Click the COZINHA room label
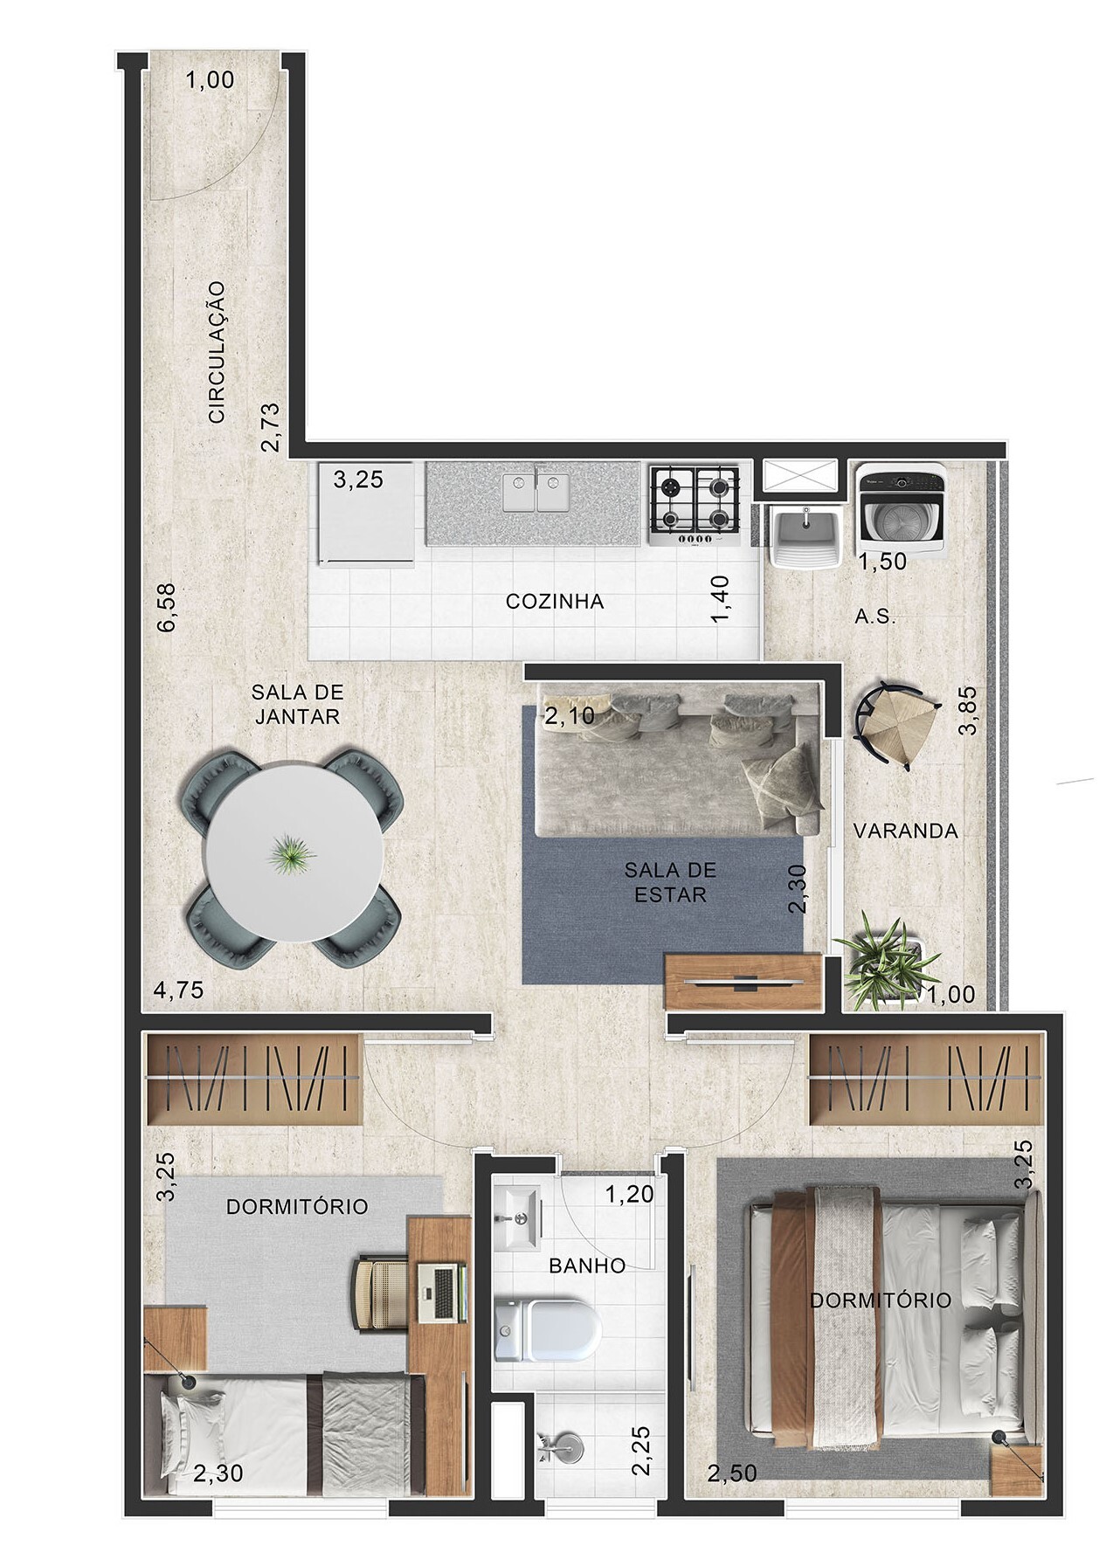(x=555, y=602)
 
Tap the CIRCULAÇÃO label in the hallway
(x=217, y=352)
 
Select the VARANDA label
(x=905, y=831)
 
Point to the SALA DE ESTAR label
(x=670, y=882)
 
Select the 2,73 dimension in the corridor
(x=271, y=426)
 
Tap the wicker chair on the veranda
(x=895, y=723)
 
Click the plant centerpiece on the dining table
(x=293, y=853)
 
